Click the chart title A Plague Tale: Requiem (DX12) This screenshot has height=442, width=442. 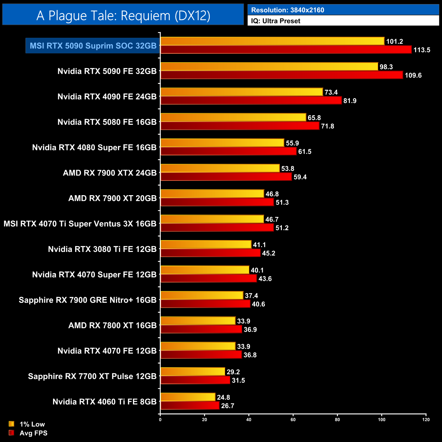point(123,16)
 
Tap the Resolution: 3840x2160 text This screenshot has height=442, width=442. point(287,10)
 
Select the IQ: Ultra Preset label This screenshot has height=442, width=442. point(275,21)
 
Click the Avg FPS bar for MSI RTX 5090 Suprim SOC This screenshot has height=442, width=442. point(286,50)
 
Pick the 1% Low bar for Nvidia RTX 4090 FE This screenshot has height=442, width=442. point(241,92)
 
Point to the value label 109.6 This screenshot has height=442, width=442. point(413,75)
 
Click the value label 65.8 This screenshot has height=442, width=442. point(314,118)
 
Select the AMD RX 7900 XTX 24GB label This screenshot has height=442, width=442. point(109,173)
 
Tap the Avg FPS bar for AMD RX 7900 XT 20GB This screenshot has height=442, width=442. point(217,202)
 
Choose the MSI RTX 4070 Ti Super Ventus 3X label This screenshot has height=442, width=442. point(80,224)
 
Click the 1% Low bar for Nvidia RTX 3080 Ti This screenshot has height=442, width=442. point(206,244)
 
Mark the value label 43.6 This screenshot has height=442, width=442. point(265,279)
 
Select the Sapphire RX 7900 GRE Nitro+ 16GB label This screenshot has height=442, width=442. point(87,300)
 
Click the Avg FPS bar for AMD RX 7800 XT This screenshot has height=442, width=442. point(201,329)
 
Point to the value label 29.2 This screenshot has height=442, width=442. point(233,372)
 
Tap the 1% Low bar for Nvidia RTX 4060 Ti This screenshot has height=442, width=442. point(188,397)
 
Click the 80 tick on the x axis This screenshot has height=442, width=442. point(337,420)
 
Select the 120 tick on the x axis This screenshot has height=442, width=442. point(426,420)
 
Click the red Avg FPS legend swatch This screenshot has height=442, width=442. point(12,433)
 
